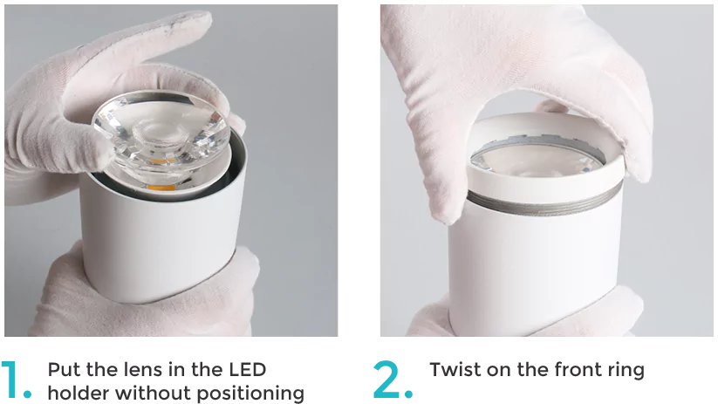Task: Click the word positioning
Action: click(250, 394)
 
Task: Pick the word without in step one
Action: click(153, 393)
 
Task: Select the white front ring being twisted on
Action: click(545, 155)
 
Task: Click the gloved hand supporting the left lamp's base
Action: click(147, 298)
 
